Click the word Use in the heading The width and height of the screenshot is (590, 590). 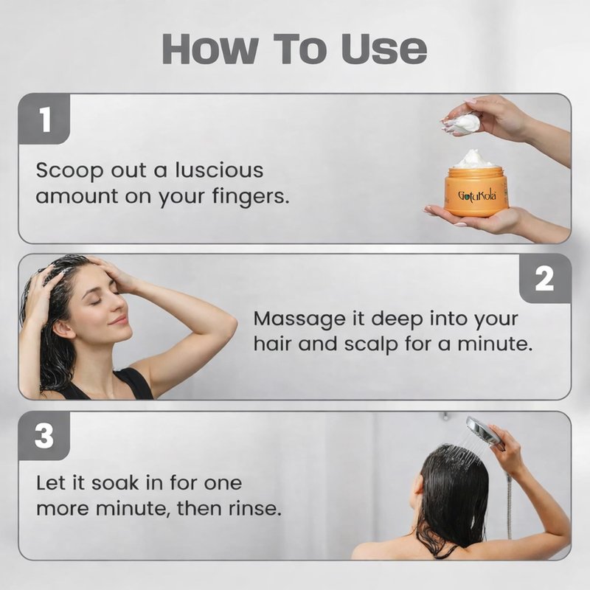[384, 49]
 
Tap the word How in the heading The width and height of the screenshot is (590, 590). [210, 49]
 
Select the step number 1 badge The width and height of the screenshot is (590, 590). [44, 119]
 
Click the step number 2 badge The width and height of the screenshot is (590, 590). [544, 279]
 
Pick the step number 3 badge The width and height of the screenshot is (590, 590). [44, 436]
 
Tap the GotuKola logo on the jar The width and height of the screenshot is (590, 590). [477, 195]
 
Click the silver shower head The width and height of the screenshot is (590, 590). [485, 433]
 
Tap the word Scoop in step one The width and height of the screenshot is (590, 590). [69, 171]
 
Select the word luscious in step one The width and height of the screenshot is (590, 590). [219, 170]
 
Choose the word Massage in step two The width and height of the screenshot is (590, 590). [299, 320]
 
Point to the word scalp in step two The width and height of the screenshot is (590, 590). [371, 344]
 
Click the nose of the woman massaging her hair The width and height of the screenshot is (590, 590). [124, 309]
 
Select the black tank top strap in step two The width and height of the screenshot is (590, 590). [136, 383]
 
